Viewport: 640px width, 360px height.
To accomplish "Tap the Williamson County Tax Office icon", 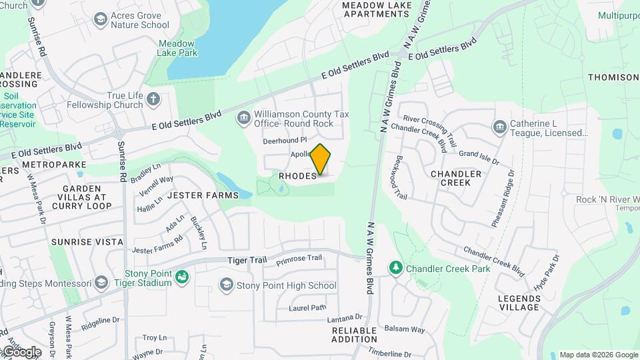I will (x=243, y=118).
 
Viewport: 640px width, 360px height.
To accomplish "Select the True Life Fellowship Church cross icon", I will (x=154, y=100).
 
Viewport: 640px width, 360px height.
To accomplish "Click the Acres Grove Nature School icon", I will (x=101, y=19).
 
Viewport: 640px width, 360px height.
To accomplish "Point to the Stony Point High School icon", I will (x=226, y=285).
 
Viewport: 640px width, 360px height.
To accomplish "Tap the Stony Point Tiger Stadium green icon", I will (x=182, y=277).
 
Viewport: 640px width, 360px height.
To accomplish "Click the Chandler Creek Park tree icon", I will (x=396, y=268).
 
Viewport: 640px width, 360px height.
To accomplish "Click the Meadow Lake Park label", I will (x=176, y=48).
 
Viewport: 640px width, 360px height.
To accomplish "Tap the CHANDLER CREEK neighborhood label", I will (x=456, y=178).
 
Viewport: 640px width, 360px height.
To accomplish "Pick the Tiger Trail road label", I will (x=228, y=260).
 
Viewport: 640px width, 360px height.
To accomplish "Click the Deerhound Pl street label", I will (x=285, y=141).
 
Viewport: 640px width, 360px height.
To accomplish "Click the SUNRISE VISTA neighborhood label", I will (x=87, y=241).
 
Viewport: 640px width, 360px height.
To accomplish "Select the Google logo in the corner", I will (x=21, y=351).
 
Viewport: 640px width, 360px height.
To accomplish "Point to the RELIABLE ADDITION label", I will (x=355, y=334).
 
